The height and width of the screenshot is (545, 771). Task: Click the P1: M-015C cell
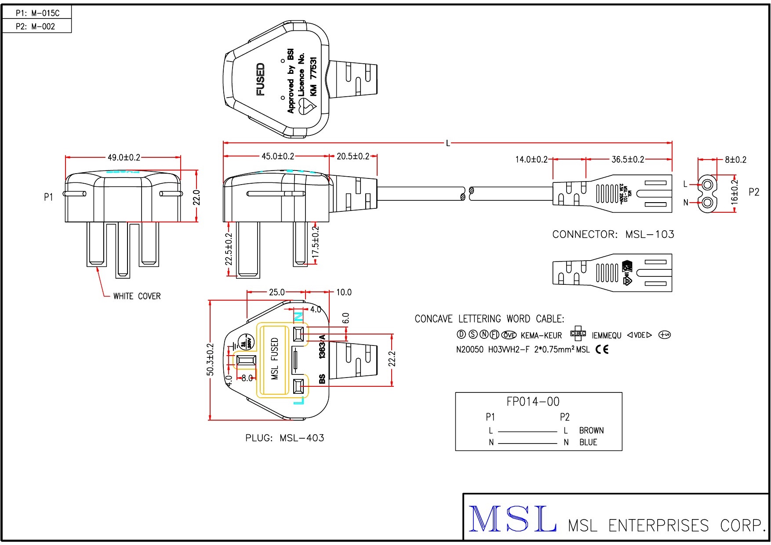(x=37, y=13)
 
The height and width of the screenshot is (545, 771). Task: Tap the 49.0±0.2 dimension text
(x=124, y=157)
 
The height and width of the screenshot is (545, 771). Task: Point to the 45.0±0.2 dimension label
(x=278, y=156)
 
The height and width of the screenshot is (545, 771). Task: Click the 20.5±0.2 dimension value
(x=353, y=156)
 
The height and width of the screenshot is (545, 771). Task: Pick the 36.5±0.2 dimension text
(x=628, y=159)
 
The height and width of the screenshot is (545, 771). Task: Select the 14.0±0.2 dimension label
(x=531, y=159)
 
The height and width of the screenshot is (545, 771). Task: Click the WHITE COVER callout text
(x=137, y=296)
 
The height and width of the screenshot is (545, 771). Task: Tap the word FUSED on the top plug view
(x=261, y=80)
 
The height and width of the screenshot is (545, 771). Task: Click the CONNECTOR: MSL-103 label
(x=613, y=234)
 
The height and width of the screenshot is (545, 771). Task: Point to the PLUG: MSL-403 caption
(x=284, y=438)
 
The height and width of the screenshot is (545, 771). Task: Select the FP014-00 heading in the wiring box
(x=533, y=401)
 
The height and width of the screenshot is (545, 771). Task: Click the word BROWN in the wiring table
(x=591, y=430)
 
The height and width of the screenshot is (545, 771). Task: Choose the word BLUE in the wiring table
(x=588, y=442)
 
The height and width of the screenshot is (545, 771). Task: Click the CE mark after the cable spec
(x=602, y=349)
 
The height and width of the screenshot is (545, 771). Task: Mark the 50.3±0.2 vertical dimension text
(x=210, y=360)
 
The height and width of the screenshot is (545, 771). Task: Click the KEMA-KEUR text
(x=541, y=335)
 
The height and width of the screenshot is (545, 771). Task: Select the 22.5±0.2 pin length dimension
(x=229, y=249)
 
